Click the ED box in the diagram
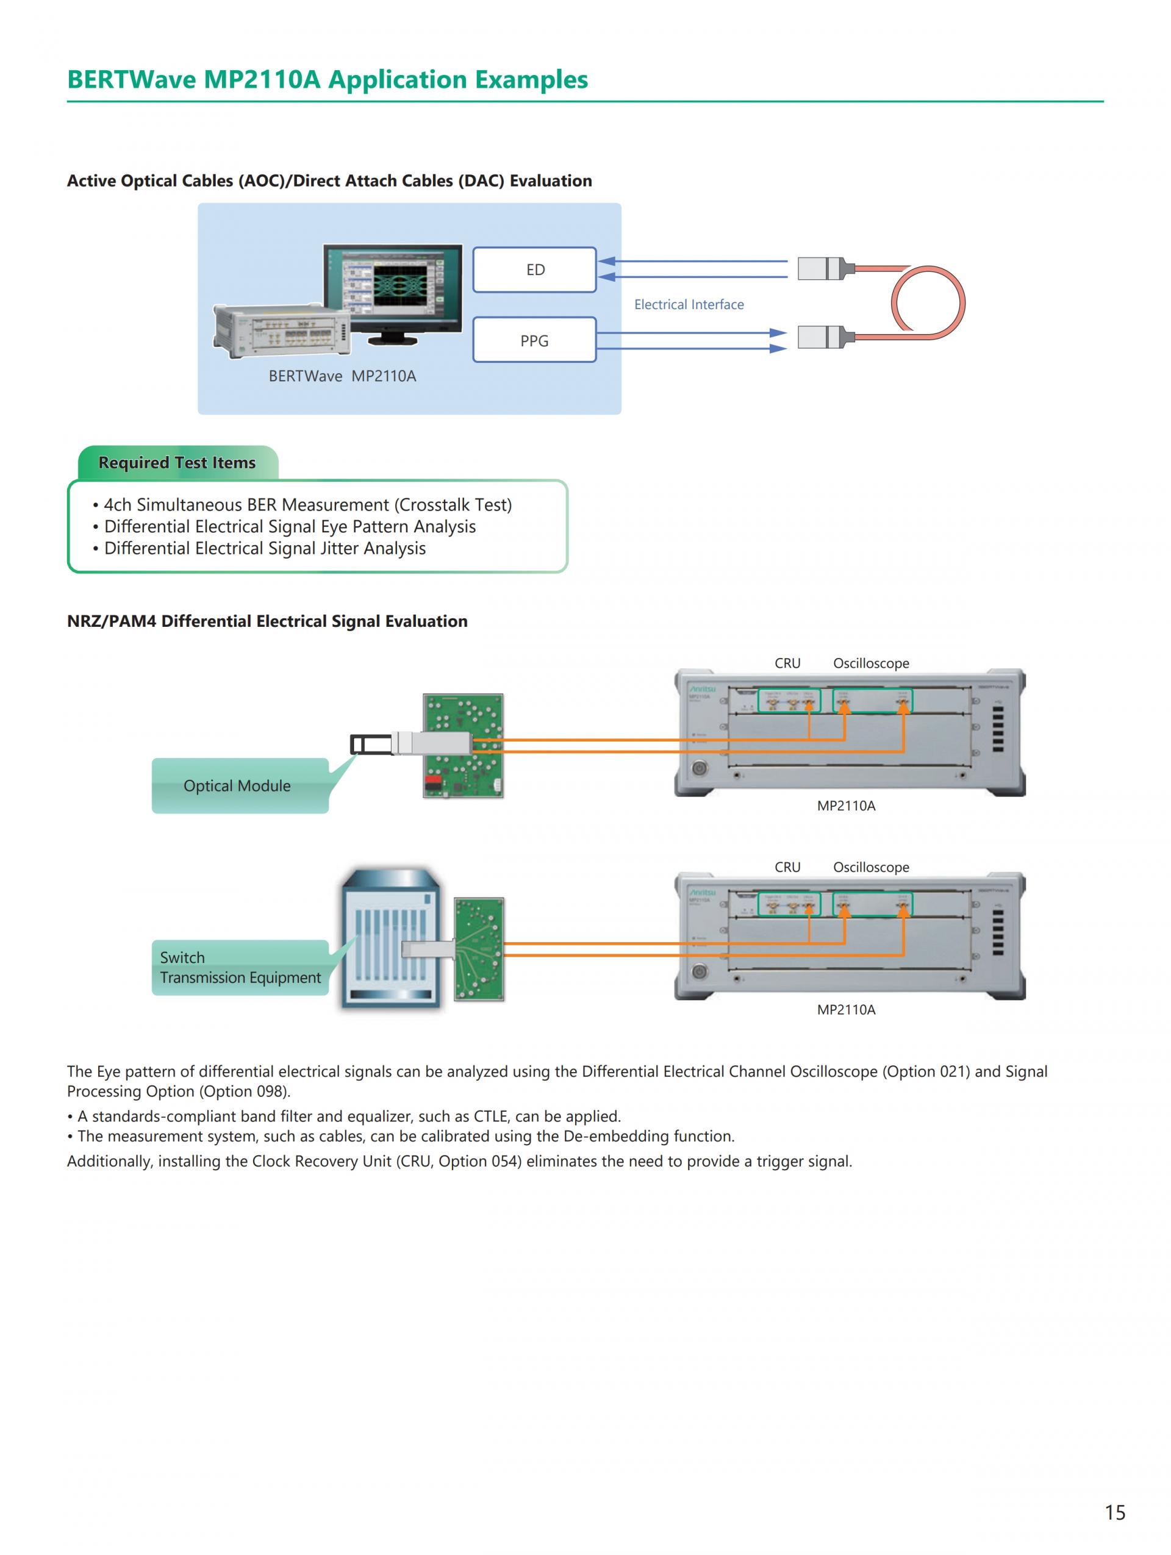[x=534, y=270]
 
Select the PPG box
[x=534, y=340]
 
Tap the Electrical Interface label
[x=688, y=304]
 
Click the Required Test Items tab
[x=177, y=463]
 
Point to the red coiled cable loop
[x=928, y=303]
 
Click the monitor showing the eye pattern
[x=393, y=288]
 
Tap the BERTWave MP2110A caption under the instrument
[x=342, y=376]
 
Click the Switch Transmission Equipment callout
[x=240, y=967]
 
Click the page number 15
[x=1115, y=1512]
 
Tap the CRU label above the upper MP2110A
[x=787, y=663]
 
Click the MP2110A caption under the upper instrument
[x=845, y=806]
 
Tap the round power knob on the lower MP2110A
[x=699, y=972]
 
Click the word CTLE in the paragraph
[x=490, y=1117]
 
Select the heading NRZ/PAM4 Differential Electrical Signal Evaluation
[x=267, y=621]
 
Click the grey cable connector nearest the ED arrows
[x=820, y=268]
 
